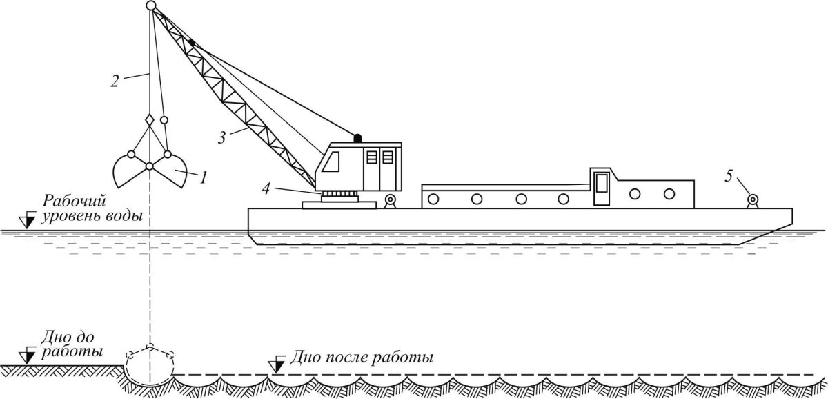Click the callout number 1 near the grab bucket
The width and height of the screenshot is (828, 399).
[203, 177]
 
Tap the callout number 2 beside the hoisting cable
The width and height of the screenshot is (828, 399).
[115, 81]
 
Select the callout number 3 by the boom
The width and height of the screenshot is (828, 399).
[221, 138]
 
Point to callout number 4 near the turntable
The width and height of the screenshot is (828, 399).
[266, 189]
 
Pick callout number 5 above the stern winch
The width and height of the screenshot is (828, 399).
[729, 177]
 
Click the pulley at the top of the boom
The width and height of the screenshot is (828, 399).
[151, 6]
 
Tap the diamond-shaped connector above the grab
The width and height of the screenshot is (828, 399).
[150, 120]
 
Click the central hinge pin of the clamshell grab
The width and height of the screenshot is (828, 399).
[149, 166]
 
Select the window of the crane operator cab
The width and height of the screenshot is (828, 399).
[331, 162]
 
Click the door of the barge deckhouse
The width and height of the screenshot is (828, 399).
[602, 188]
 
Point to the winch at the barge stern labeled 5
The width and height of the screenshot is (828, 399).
[753, 201]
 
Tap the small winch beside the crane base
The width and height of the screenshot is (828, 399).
[390, 201]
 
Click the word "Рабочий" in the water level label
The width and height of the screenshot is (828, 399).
[74, 202]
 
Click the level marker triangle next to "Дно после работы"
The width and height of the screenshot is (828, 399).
[277, 365]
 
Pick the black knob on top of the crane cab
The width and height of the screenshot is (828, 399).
[357, 138]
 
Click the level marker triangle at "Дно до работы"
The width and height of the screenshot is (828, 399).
[28, 356]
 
